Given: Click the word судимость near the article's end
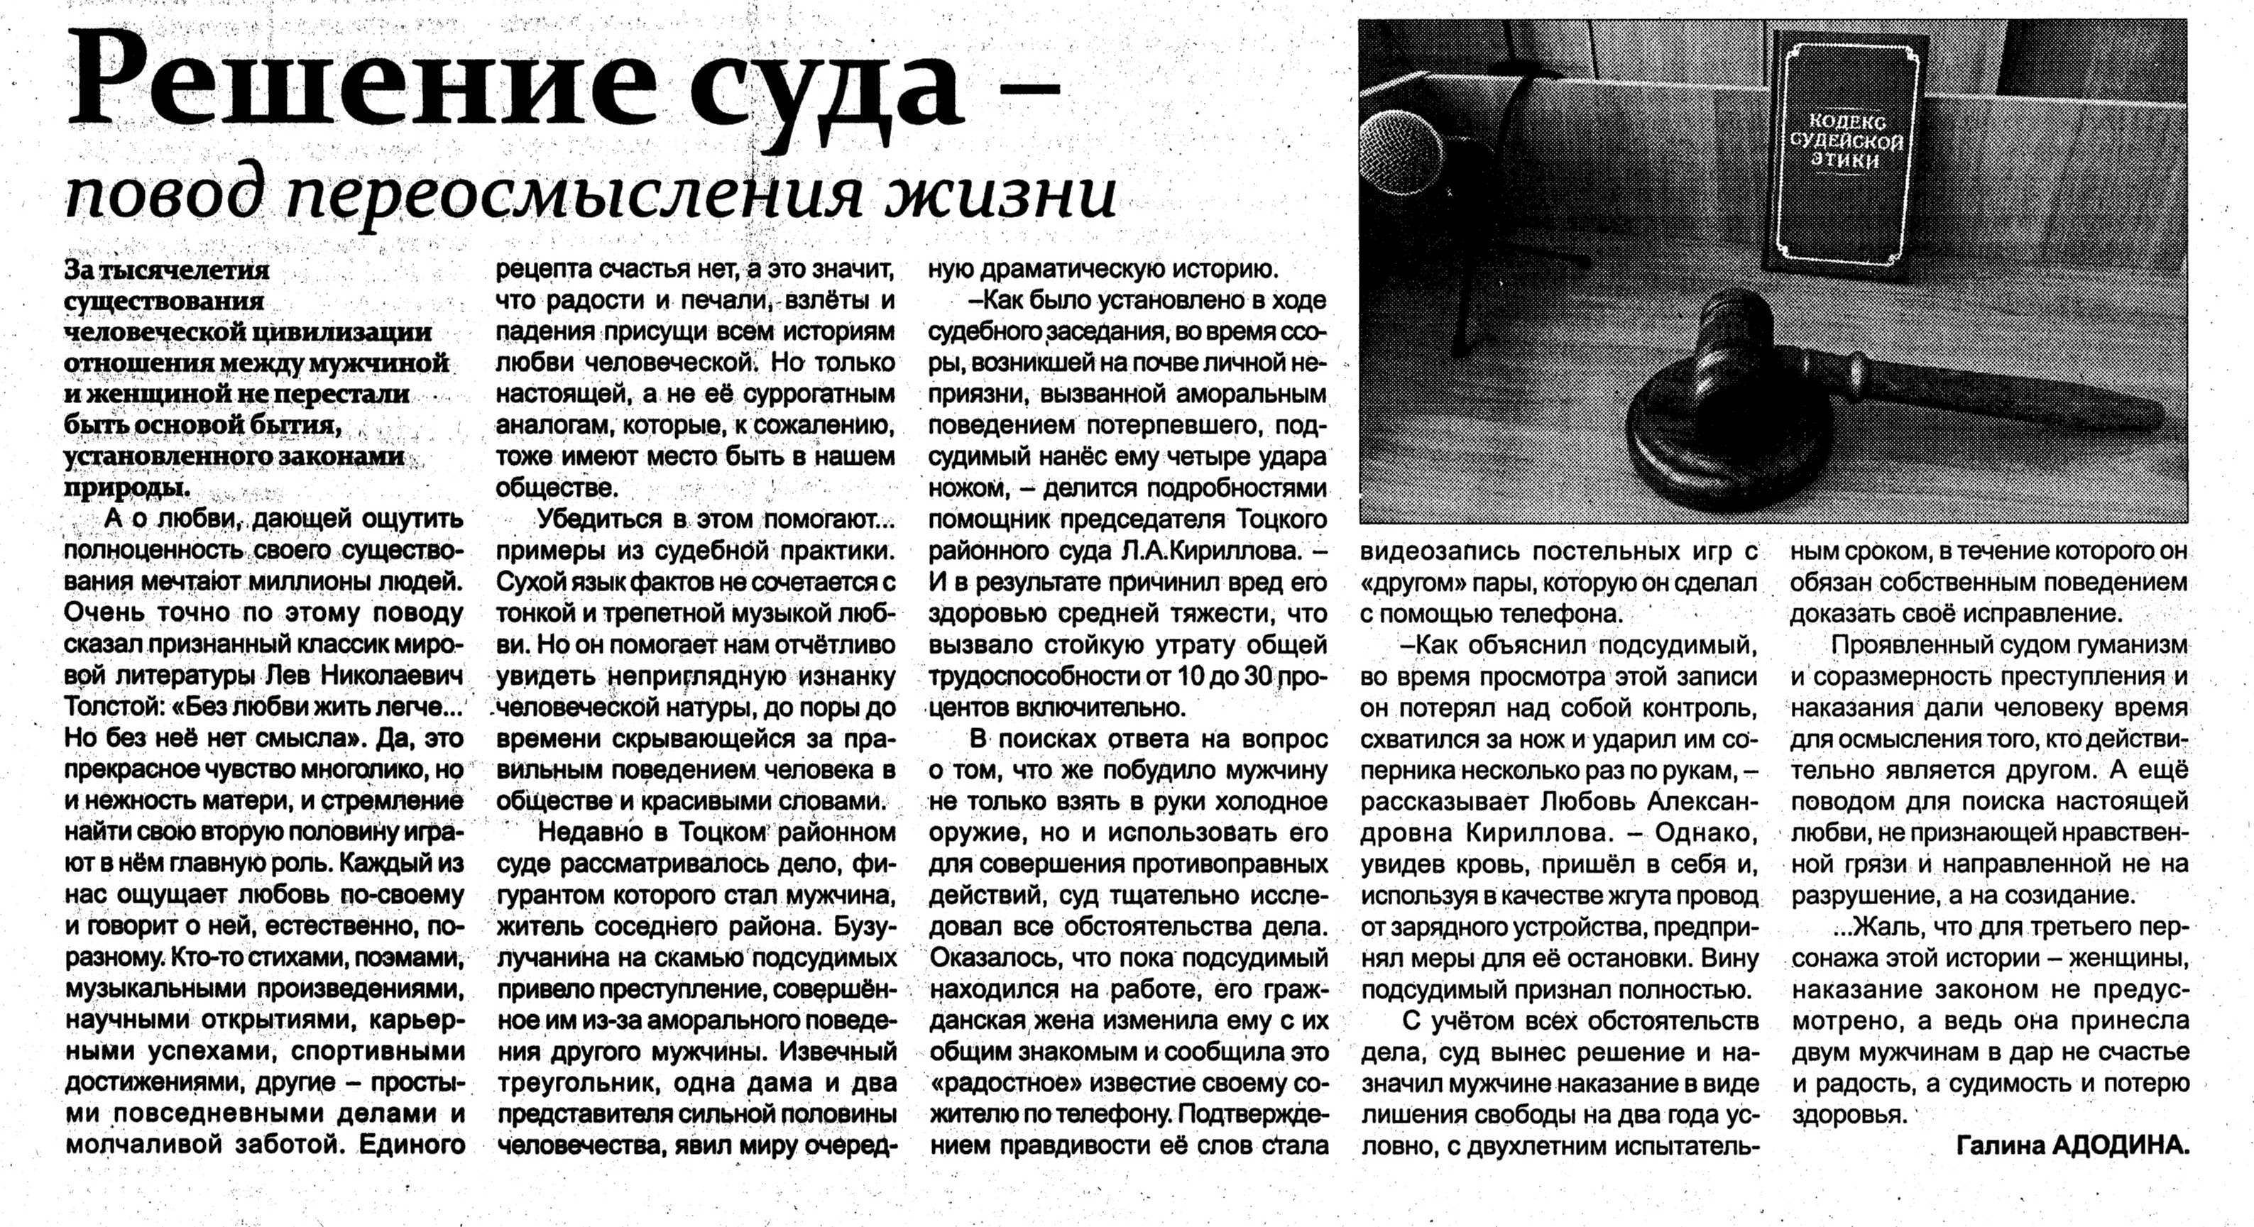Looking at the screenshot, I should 1999,1084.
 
